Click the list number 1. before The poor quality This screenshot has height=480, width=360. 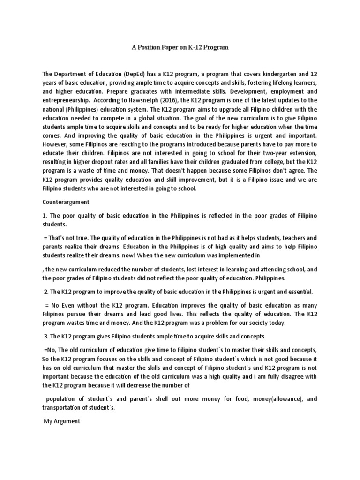pyautogui.click(x=45, y=216)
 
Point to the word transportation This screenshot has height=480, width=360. pyautogui.click(x=63, y=407)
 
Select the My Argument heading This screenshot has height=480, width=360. pyautogui.click(x=62, y=421)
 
